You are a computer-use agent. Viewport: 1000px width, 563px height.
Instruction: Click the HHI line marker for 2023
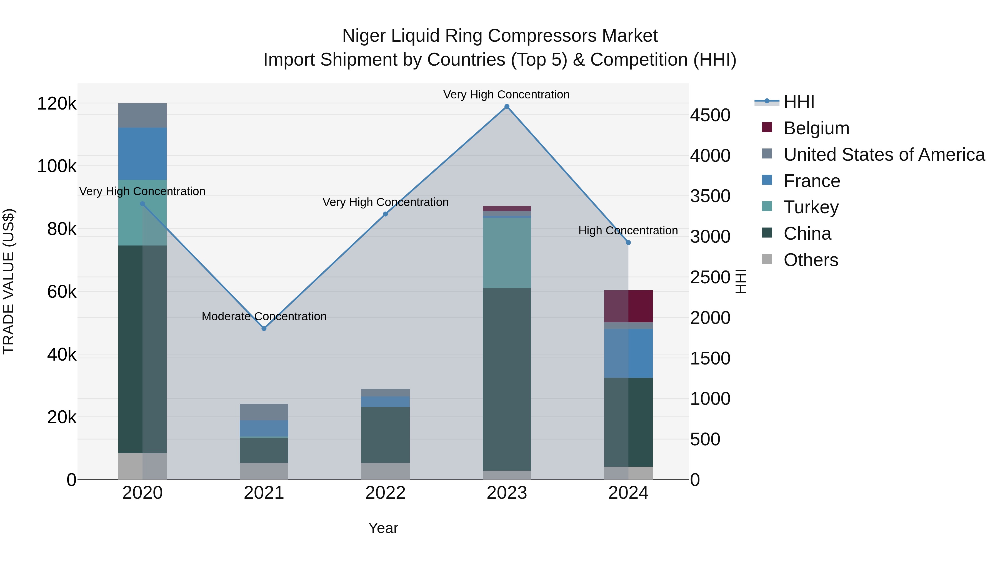click(x=507, y=106)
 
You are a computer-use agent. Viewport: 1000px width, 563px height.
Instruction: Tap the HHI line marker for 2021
click(x=264, y=328)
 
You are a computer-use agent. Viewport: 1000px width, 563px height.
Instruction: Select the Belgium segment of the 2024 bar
click(x=629, y=306)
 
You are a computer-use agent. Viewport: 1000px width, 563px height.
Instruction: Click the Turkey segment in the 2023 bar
click(x=507, y=253)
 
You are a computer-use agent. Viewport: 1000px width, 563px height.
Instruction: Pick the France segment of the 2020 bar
click(x=142, y=153)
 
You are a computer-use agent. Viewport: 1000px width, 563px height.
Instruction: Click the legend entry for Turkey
click(x=811, y=207)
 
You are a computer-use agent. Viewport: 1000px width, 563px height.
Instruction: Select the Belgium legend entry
click(x=816, y=128)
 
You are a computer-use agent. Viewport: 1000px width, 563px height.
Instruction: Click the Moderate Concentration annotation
click(x=264, y=316)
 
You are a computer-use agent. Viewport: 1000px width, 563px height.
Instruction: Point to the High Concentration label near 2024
click(x=628, y=230)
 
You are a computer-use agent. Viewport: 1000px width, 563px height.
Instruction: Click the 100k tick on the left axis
click(x=57, y=166)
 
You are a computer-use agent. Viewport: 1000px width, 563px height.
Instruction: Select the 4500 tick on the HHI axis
click(x=710, y=115)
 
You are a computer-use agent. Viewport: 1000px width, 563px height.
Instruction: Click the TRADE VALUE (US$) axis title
click(x=9, y=281)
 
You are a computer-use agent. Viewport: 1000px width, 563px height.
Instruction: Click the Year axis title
click(x=383, y=528)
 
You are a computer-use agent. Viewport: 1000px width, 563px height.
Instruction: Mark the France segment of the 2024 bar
click(x=629, y=353)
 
